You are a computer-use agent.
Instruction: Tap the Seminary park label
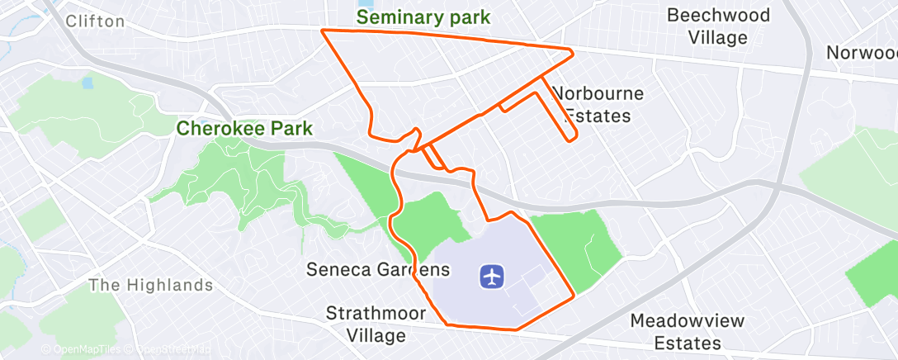pos(423,17)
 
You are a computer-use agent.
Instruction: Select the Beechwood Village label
pos(718,26)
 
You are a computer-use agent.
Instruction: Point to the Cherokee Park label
pos(244,129)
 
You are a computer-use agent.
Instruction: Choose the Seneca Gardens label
pos(378,270)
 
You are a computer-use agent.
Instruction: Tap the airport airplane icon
pos(492,277)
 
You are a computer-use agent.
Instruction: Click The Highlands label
pos(150,286)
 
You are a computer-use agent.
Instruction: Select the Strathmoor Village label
pos(376,324)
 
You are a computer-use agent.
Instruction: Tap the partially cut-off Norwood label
pos(862,53)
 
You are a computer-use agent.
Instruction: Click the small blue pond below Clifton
pos(87,83)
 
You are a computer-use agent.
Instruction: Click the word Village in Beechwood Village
pos(718,37)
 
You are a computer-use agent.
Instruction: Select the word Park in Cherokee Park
pos(295,129)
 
